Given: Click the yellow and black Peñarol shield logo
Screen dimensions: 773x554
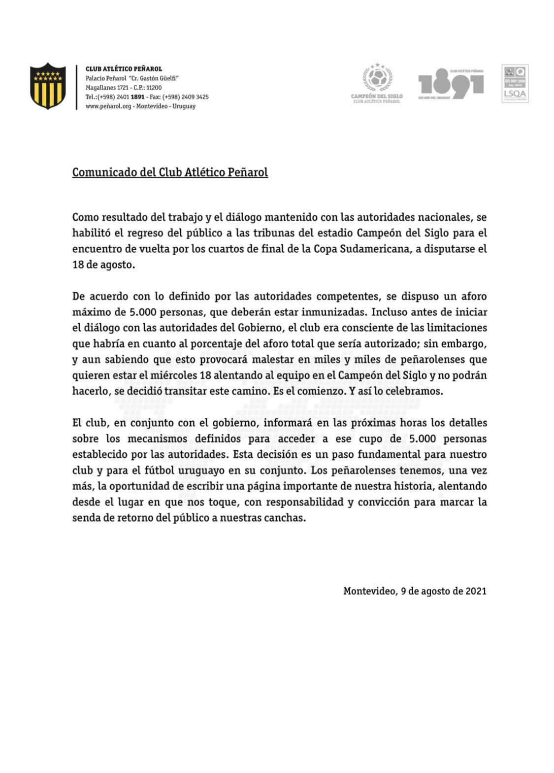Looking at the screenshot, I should (48, 86).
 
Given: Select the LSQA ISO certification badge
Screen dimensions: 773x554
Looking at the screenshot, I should (515, 83).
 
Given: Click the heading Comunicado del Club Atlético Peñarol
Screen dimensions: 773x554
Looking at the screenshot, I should (170, 172).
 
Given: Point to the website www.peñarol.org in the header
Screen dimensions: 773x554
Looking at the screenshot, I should (108, 106).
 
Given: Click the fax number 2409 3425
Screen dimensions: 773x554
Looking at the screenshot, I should (195, 97).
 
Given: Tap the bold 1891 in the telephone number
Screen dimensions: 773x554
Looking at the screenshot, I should (137, 97).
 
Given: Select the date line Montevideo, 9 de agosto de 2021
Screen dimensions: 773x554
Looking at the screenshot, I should (415, 591).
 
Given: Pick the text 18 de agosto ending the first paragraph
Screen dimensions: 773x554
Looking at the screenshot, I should (102, 265).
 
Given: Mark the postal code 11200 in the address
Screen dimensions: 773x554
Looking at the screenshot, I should (155, 88).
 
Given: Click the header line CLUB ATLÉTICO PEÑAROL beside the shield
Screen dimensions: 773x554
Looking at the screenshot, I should (124, 69).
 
